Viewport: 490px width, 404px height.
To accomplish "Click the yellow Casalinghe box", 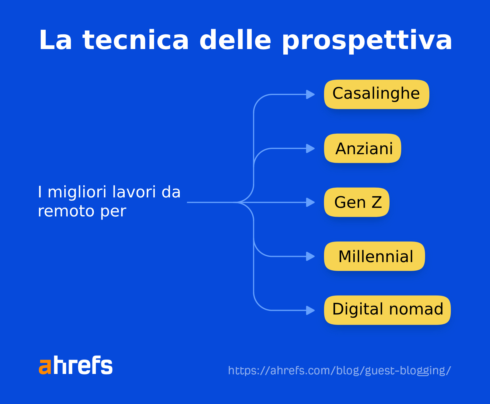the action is tap(376, 94).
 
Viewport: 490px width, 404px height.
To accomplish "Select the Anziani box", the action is tap(363, 148).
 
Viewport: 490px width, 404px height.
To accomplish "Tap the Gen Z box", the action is tap(357, 202).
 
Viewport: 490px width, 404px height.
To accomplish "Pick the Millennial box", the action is tap(375, 256).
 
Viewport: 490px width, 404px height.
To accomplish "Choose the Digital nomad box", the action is tap(387, 310).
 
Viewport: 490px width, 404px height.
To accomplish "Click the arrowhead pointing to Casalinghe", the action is tap(311, 94).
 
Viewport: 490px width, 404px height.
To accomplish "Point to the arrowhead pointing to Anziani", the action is tap(311, 148).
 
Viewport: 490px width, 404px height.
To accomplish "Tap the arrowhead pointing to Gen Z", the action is tap(311, 202).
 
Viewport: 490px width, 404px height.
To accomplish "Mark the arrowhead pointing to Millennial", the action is tap(311, 256).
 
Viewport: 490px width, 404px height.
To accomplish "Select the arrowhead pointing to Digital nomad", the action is tap(311, 310).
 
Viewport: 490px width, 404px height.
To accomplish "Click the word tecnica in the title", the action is tap(136, 40).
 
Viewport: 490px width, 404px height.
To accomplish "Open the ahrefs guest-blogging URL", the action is tap(339, 371).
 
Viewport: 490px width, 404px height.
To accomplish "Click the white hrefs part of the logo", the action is tap(83, 365).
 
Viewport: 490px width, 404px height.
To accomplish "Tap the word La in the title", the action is tap(55, 40).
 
